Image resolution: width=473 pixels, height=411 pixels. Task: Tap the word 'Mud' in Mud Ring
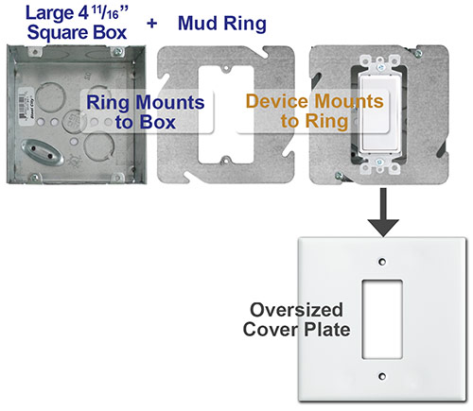point(201,21)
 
